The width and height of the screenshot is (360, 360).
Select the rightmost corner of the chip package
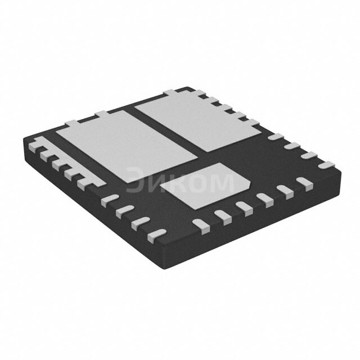(x=340, y=169)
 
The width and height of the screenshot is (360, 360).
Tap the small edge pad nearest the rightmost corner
(x=325, y=165)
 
